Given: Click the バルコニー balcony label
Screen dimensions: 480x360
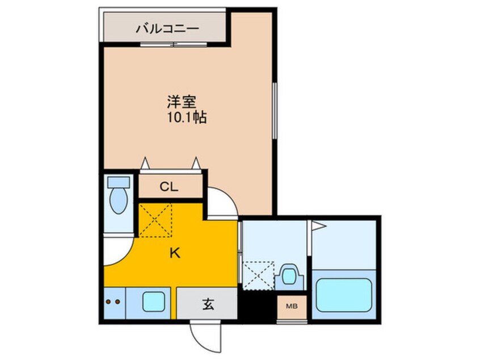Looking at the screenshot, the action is tap(167, 29).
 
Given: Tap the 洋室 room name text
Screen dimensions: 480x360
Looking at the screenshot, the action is tap(182, 102).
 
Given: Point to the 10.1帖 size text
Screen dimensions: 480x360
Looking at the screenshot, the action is tap(187, 118).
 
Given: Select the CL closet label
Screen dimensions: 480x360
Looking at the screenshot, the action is tap(169, 186).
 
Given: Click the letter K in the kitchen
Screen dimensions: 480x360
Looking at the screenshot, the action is tap(175, 253).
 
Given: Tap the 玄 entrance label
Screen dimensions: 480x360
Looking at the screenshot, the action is tap(208, 304).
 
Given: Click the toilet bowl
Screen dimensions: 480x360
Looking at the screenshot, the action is tap(119, 200).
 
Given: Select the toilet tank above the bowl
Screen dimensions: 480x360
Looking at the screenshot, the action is tap(119, 182).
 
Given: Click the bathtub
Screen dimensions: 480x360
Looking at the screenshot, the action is tap(344, 295).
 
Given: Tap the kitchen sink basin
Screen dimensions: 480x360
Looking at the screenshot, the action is tap(154, 302).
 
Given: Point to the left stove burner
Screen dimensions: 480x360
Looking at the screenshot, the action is tap(108, 302).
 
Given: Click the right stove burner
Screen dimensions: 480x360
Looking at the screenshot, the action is tap(117, 302).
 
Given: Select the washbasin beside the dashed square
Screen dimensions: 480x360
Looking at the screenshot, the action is tap(289, 277).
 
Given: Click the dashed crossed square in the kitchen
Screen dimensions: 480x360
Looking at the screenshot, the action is tap(155, 220).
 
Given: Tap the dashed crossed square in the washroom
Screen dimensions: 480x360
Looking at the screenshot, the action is tap(258, 275).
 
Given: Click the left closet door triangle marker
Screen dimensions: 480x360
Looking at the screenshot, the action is tap(145, 163).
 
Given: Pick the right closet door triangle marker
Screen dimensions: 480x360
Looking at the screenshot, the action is tap(196, 163).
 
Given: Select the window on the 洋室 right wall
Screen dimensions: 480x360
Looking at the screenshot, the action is tap(275, 110).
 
